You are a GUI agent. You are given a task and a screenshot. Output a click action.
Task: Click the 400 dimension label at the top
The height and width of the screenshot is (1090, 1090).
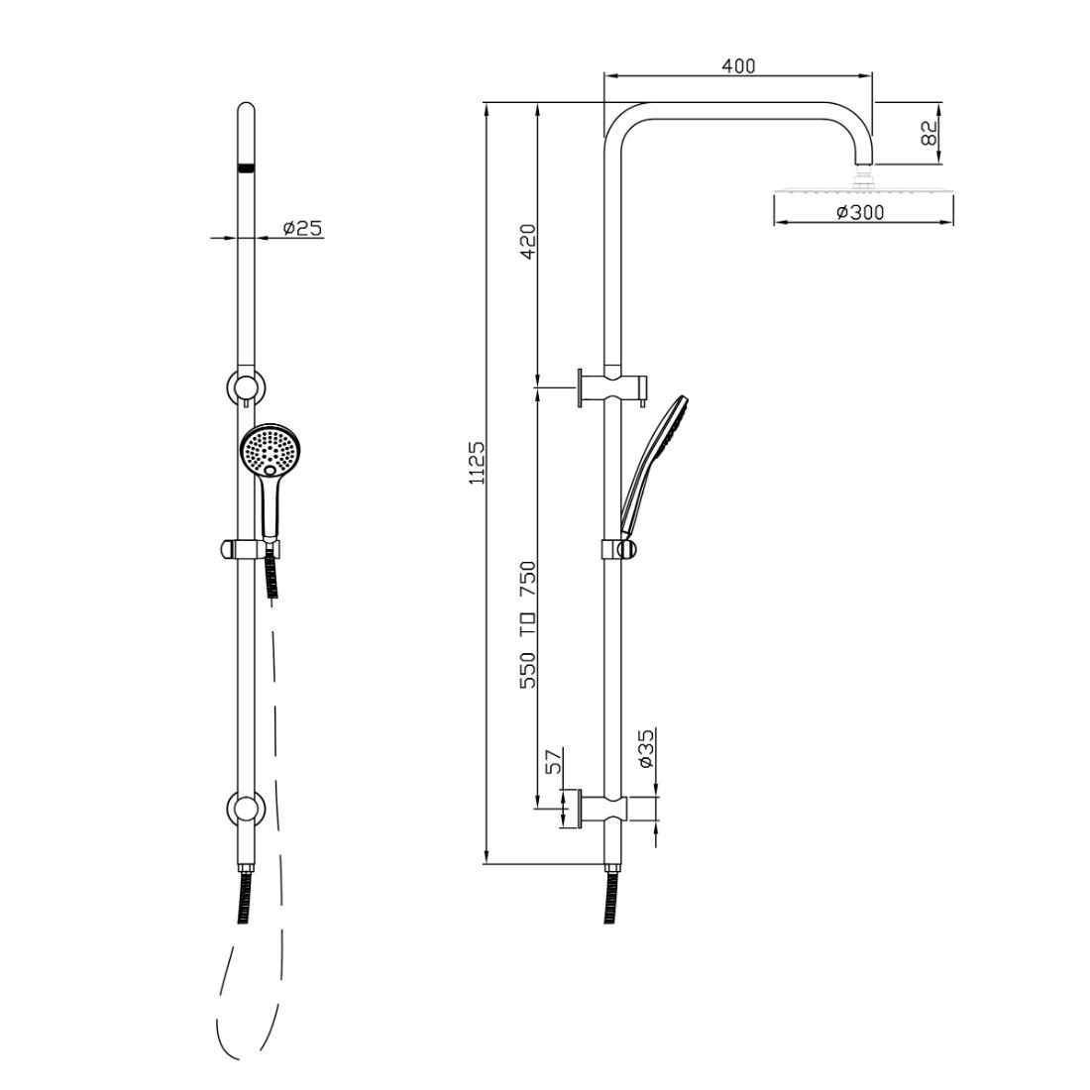click(738, 66)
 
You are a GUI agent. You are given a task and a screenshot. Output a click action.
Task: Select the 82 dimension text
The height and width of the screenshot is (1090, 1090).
click(929, 133)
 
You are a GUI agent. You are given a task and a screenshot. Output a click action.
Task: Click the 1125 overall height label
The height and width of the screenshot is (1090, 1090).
click(477, 463)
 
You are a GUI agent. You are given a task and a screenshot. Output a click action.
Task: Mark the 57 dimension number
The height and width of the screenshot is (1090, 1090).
click(554, 761)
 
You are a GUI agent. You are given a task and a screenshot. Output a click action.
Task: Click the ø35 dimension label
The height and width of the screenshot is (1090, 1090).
click(645, 750)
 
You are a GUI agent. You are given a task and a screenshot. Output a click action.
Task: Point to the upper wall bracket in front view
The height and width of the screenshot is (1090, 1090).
click(245, 384)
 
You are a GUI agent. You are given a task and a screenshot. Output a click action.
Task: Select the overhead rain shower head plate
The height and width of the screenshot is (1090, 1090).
click(862, 192)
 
